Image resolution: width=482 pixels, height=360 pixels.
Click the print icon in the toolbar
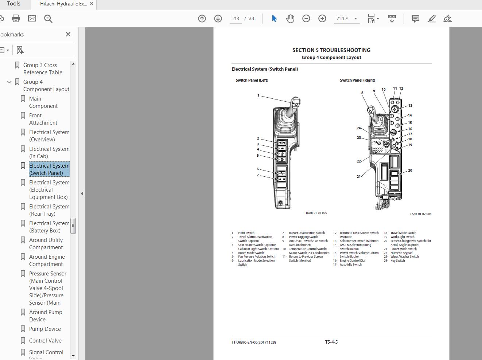[16, 19]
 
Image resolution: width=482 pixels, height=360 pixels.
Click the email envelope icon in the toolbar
[32, 19]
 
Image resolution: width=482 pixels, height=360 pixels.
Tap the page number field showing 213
[236, 19]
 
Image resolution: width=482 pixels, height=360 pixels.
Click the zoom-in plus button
[322, 19]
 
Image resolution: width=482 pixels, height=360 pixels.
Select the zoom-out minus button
[306, 19]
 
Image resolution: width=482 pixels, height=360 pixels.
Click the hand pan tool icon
[290, 19]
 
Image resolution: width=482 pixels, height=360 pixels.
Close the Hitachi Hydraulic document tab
[92, 4]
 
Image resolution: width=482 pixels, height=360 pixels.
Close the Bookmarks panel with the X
[68, 34]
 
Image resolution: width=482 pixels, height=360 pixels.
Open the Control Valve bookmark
[45, 341]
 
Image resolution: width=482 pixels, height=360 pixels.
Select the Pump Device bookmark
[45, 329]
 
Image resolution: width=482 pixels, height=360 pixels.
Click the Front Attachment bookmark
[43, 119]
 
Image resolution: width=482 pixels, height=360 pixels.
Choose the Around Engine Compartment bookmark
[47, 261]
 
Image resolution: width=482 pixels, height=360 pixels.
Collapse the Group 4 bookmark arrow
[9, 82]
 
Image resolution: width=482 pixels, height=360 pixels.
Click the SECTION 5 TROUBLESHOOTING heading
[331, 50]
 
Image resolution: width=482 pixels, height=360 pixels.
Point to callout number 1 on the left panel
[258, 95]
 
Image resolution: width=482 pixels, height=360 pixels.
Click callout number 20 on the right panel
[410, 171]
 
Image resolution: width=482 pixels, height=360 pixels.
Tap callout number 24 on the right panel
[359, 128]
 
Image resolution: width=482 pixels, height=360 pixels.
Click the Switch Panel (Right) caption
[357, 80]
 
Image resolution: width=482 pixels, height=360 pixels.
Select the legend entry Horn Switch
[246, 233]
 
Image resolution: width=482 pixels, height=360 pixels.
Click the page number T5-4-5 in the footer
[331, 342]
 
